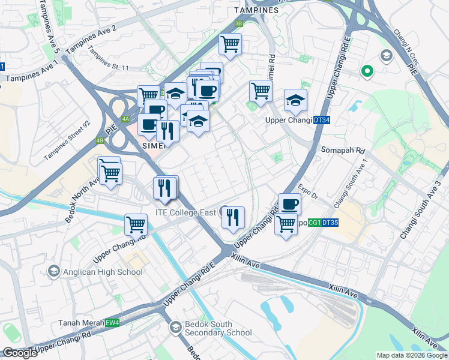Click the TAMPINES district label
(256, 10)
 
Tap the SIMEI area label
(154, 146)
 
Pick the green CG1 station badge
(315, 223)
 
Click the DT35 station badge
(330, 223)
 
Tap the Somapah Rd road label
(343, 150)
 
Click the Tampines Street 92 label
(67, 142)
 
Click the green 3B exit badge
(238, 23)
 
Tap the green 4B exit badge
(100, 141)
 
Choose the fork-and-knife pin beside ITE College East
(234, 217)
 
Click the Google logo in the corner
(20, 353)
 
